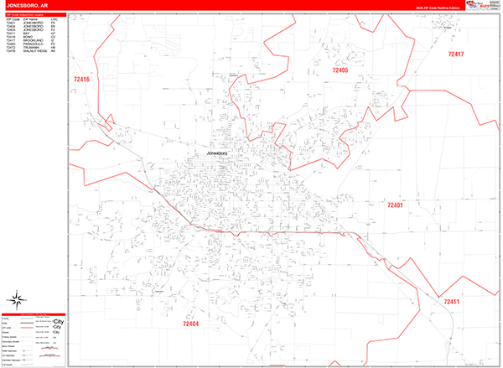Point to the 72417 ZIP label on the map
point(455,54)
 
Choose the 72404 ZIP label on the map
point(191,323)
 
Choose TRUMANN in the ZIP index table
point(30,47)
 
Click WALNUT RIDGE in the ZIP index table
point(34,50)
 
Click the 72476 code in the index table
point(10,50)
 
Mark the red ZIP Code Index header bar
point(34,14)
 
